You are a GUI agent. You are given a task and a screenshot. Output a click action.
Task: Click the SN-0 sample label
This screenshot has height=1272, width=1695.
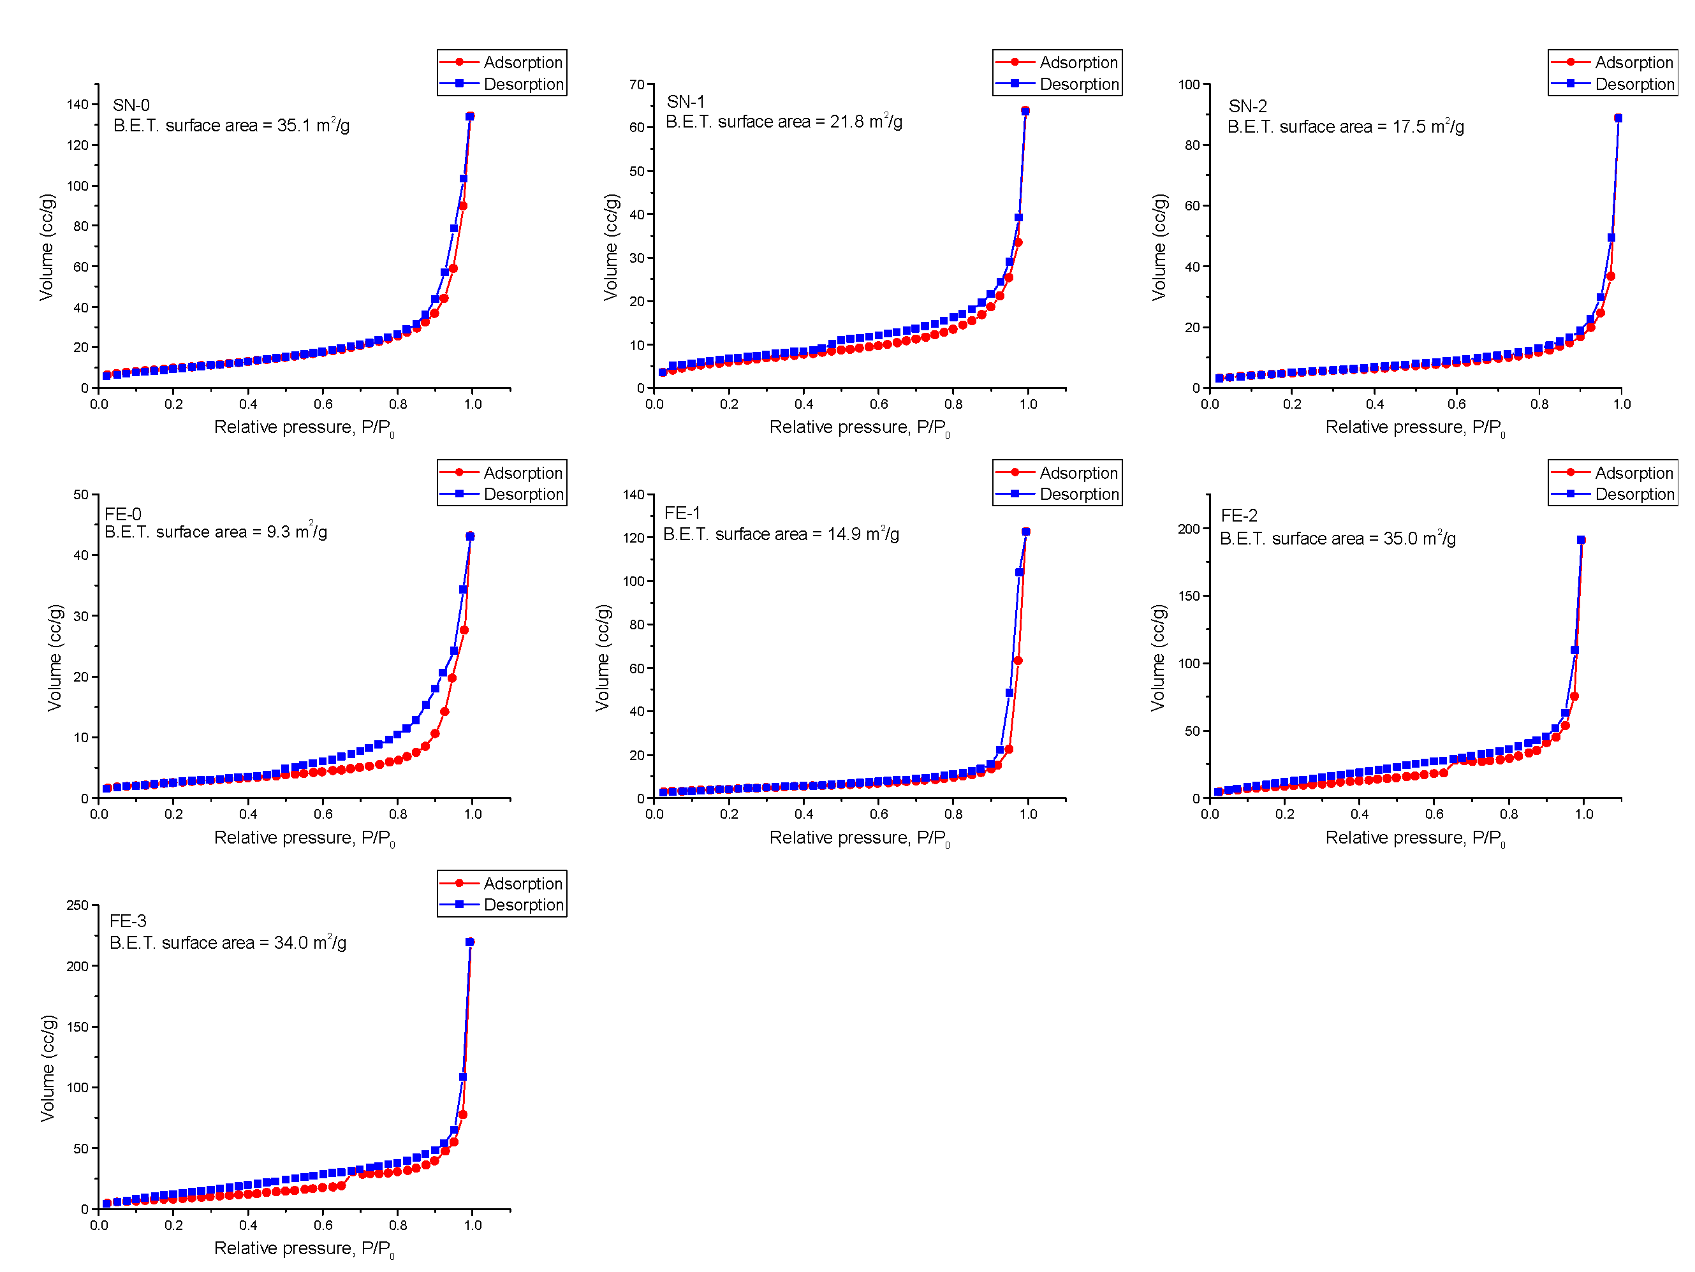pos(131,105)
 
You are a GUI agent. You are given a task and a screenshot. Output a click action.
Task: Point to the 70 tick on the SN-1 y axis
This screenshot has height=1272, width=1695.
pos(637,84)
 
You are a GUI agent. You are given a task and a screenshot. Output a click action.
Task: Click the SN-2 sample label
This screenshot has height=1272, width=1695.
pos(1247,106)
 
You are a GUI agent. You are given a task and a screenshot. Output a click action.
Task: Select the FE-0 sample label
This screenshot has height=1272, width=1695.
pos(122,514)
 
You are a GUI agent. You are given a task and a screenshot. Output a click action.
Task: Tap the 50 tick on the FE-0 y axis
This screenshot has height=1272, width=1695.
pos(80,494)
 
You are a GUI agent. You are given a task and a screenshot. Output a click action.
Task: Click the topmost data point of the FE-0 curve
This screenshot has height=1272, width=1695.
pos(470,536)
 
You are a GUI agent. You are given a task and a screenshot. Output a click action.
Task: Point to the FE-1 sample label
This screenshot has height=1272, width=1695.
pos(682,513)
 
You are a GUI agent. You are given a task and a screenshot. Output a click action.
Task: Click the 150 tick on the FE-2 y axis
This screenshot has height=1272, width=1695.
pos(1189,596)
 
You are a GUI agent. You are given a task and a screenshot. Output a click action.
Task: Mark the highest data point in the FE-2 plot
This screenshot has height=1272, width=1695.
pos(1581,540)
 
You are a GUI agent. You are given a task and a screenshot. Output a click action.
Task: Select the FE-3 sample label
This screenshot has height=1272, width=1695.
pos(128,921)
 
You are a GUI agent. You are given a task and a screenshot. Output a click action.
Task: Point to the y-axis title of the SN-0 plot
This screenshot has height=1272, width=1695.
pos(47,247)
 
